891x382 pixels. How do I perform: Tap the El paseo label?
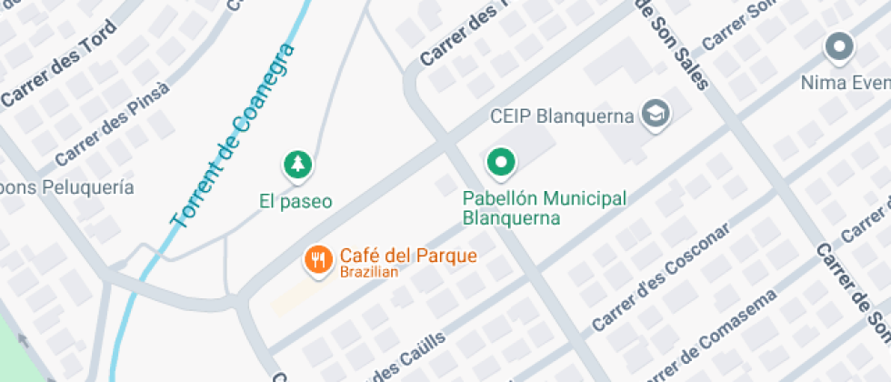[295, 201]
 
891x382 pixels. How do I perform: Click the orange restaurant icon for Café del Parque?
[315, 259]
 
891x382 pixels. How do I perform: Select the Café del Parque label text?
[408, 255]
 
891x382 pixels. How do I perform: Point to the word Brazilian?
[369, 272]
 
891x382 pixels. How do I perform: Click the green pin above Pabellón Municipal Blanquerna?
[499, 163]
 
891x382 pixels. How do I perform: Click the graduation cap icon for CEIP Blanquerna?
[655, 114]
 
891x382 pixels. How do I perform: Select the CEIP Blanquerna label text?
[561, 116]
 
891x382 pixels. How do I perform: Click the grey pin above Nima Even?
[837, 45]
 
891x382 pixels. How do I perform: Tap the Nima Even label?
[844, 83]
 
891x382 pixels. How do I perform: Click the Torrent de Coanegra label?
[234, 135]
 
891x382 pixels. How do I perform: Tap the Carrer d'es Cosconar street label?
[660, 276]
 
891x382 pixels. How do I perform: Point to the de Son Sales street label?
[673, 41]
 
